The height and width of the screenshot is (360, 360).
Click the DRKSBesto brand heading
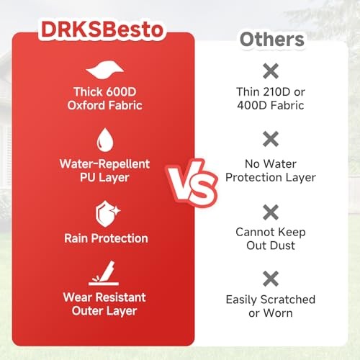102,30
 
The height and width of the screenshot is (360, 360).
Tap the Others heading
272,40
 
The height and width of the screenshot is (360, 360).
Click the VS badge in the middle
192,183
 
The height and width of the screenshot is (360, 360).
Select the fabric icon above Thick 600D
105,70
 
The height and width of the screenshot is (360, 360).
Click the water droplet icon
105,140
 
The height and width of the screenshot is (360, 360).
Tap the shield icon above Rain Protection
107,214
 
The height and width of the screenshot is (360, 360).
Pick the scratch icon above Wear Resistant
104,273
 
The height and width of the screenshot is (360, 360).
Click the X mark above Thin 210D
271,71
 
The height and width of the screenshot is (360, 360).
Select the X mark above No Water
271,139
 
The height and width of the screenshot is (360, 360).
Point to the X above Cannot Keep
271,212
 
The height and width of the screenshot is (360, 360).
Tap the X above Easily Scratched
271,279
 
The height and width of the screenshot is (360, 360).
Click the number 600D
121,92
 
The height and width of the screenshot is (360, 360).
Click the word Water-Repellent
104,164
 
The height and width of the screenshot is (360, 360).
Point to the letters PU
88,177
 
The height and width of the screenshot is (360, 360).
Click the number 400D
252,105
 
